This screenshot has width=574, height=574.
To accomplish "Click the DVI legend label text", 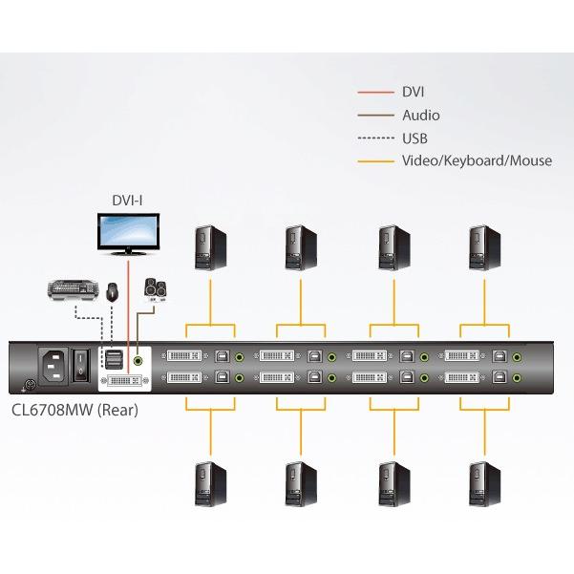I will coord(414,93).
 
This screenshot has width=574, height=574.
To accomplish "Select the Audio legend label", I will coord(421,116).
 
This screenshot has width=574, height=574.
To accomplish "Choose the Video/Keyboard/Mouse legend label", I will coord(477,160).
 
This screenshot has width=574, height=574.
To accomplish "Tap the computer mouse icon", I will coord(113,290).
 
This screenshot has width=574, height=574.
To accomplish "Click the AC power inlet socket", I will coord(53,366).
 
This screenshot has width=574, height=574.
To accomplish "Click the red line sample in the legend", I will coord(375,93).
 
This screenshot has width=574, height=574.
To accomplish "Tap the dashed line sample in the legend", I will coord(375,138).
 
